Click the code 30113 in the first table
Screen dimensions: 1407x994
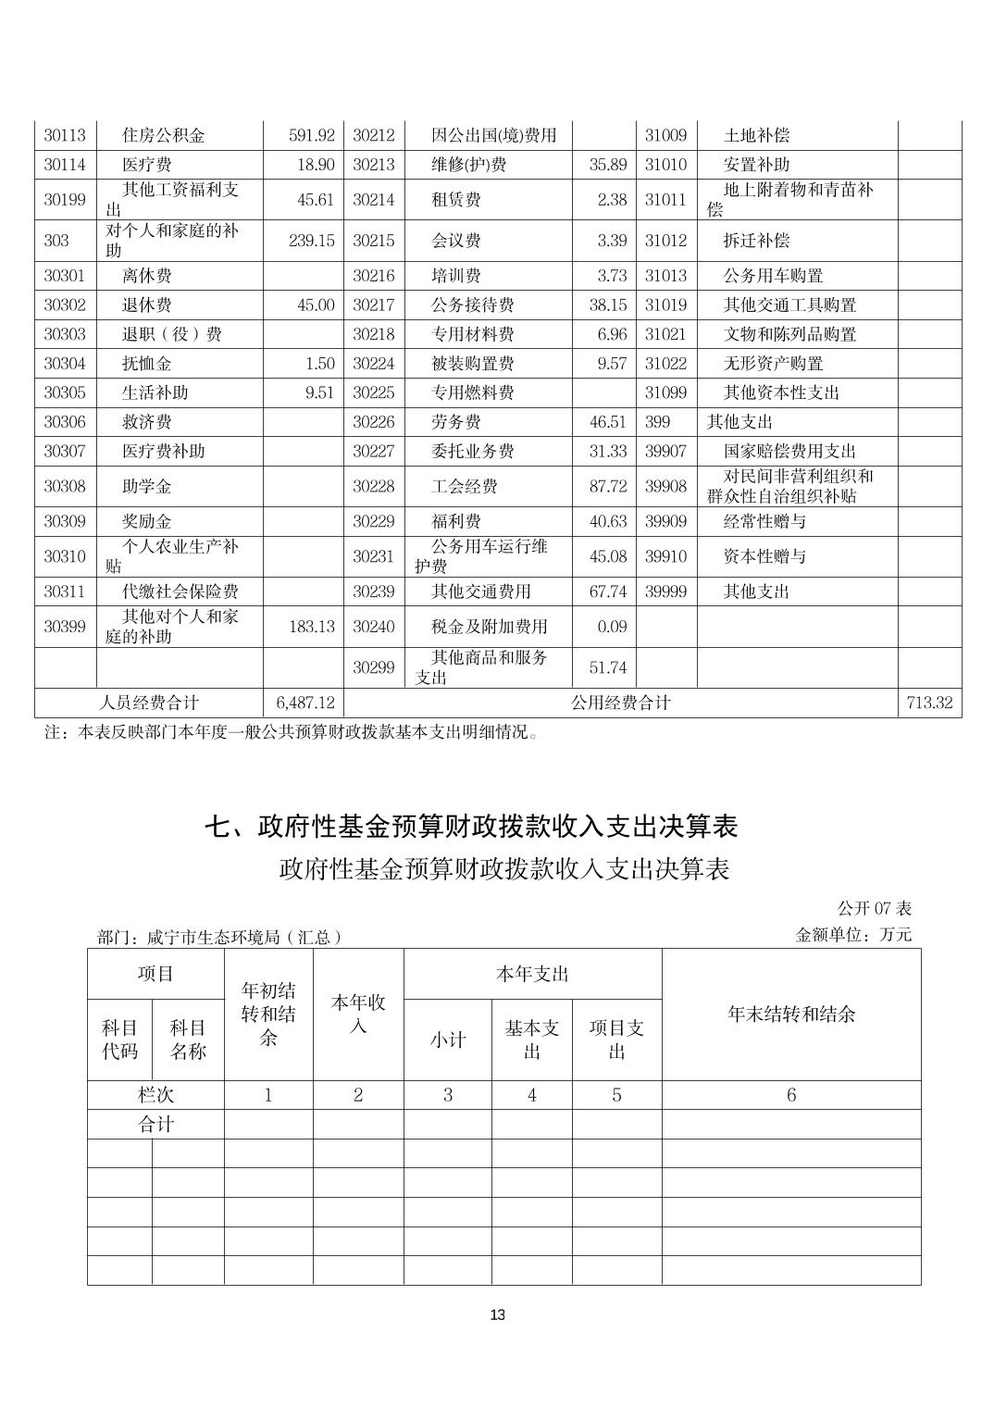coord(65,135)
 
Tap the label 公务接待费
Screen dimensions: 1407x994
coord(472,305)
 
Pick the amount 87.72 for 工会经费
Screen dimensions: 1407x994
coord(607,486)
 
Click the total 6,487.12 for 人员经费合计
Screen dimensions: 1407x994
coord(304,703)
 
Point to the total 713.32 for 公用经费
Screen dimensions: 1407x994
coord(929,703)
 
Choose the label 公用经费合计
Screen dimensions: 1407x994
coord(620,703)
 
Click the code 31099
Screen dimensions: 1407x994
coord(665,392)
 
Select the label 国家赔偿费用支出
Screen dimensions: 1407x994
coord(789,451)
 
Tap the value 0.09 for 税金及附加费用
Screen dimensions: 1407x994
coord(612,627)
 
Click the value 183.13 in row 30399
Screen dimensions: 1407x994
coord(311,627)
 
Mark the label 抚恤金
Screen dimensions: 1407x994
coord(146,364)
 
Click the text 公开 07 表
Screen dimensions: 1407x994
coord(875,909)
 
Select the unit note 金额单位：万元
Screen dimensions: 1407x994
coord(853,935)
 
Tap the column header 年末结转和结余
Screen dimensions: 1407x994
coord(791,1015)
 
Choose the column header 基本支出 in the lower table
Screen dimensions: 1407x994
coord(531,1040)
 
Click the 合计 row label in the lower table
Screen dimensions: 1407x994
coord(155,1125)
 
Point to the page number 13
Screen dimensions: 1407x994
coord(498,1315)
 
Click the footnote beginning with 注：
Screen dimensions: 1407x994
coord(292,732)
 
